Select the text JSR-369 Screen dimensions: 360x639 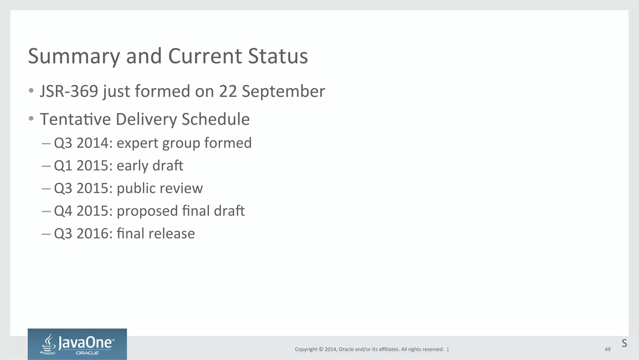click(x=69, y=91)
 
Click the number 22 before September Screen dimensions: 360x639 click(x=228, y=91)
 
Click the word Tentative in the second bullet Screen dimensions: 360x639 click(x=75, y=119)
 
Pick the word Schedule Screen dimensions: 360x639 click(x=215, y=119)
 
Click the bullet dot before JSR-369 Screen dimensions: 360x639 click(x=31, y=91)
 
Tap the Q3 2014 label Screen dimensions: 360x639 click(x=83, y=143)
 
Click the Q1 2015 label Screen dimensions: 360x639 click(x=83, y=166)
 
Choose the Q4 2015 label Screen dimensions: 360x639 click(x=83, y=211)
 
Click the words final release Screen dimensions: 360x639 click(x=156, y=234)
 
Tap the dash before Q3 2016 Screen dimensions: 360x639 click(x=46, y=234)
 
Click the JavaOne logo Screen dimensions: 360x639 click(x=77, y=344)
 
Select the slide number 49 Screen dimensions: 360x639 click(x=607, y=349)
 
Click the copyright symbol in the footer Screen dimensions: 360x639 click(x=321, y=349)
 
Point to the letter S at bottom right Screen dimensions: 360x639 click(x=624, y=343)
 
